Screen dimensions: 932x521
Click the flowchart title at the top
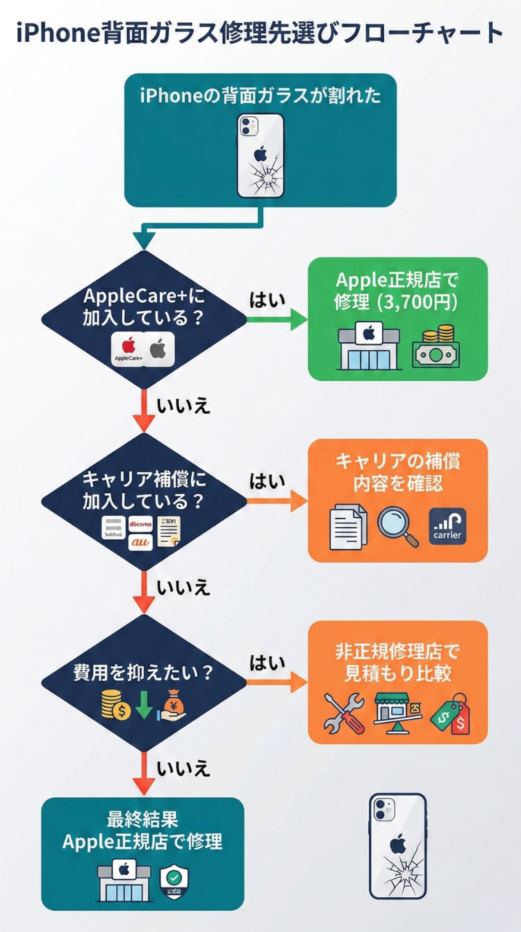pos(260,33)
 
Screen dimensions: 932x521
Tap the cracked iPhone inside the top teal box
pos(260,156)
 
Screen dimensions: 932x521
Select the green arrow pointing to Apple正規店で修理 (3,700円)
pos(277,319)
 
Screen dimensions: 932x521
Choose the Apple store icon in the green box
pos(368,346)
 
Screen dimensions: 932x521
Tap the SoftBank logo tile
pos(113,529)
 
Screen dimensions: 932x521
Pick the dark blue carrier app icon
pos(447,527)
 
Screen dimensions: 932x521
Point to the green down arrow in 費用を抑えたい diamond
pos(144,704)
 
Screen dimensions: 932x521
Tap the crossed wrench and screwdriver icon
pos(344,712)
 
